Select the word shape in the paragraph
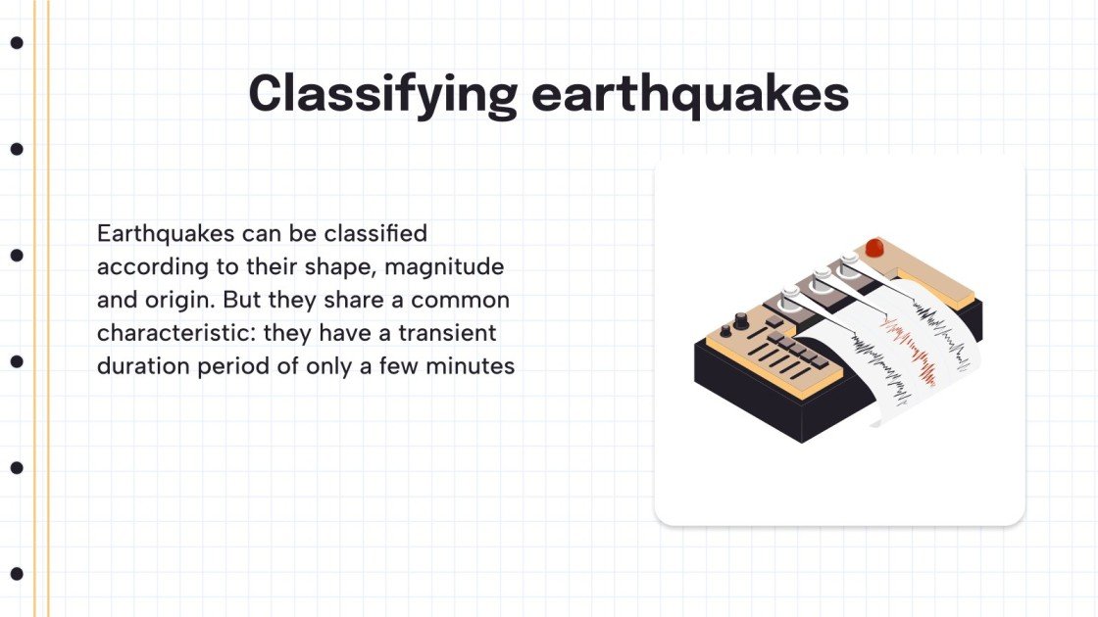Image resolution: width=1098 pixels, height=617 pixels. pyautogui.click(x=324, y=266)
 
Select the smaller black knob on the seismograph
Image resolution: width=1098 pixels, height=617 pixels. pyautogui.click(x=725, y=330)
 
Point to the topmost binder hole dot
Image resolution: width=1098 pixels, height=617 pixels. pyautogui.click(x=17, y=43)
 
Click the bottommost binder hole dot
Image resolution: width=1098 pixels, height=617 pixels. pyautogui.click(x=17, y=574)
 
